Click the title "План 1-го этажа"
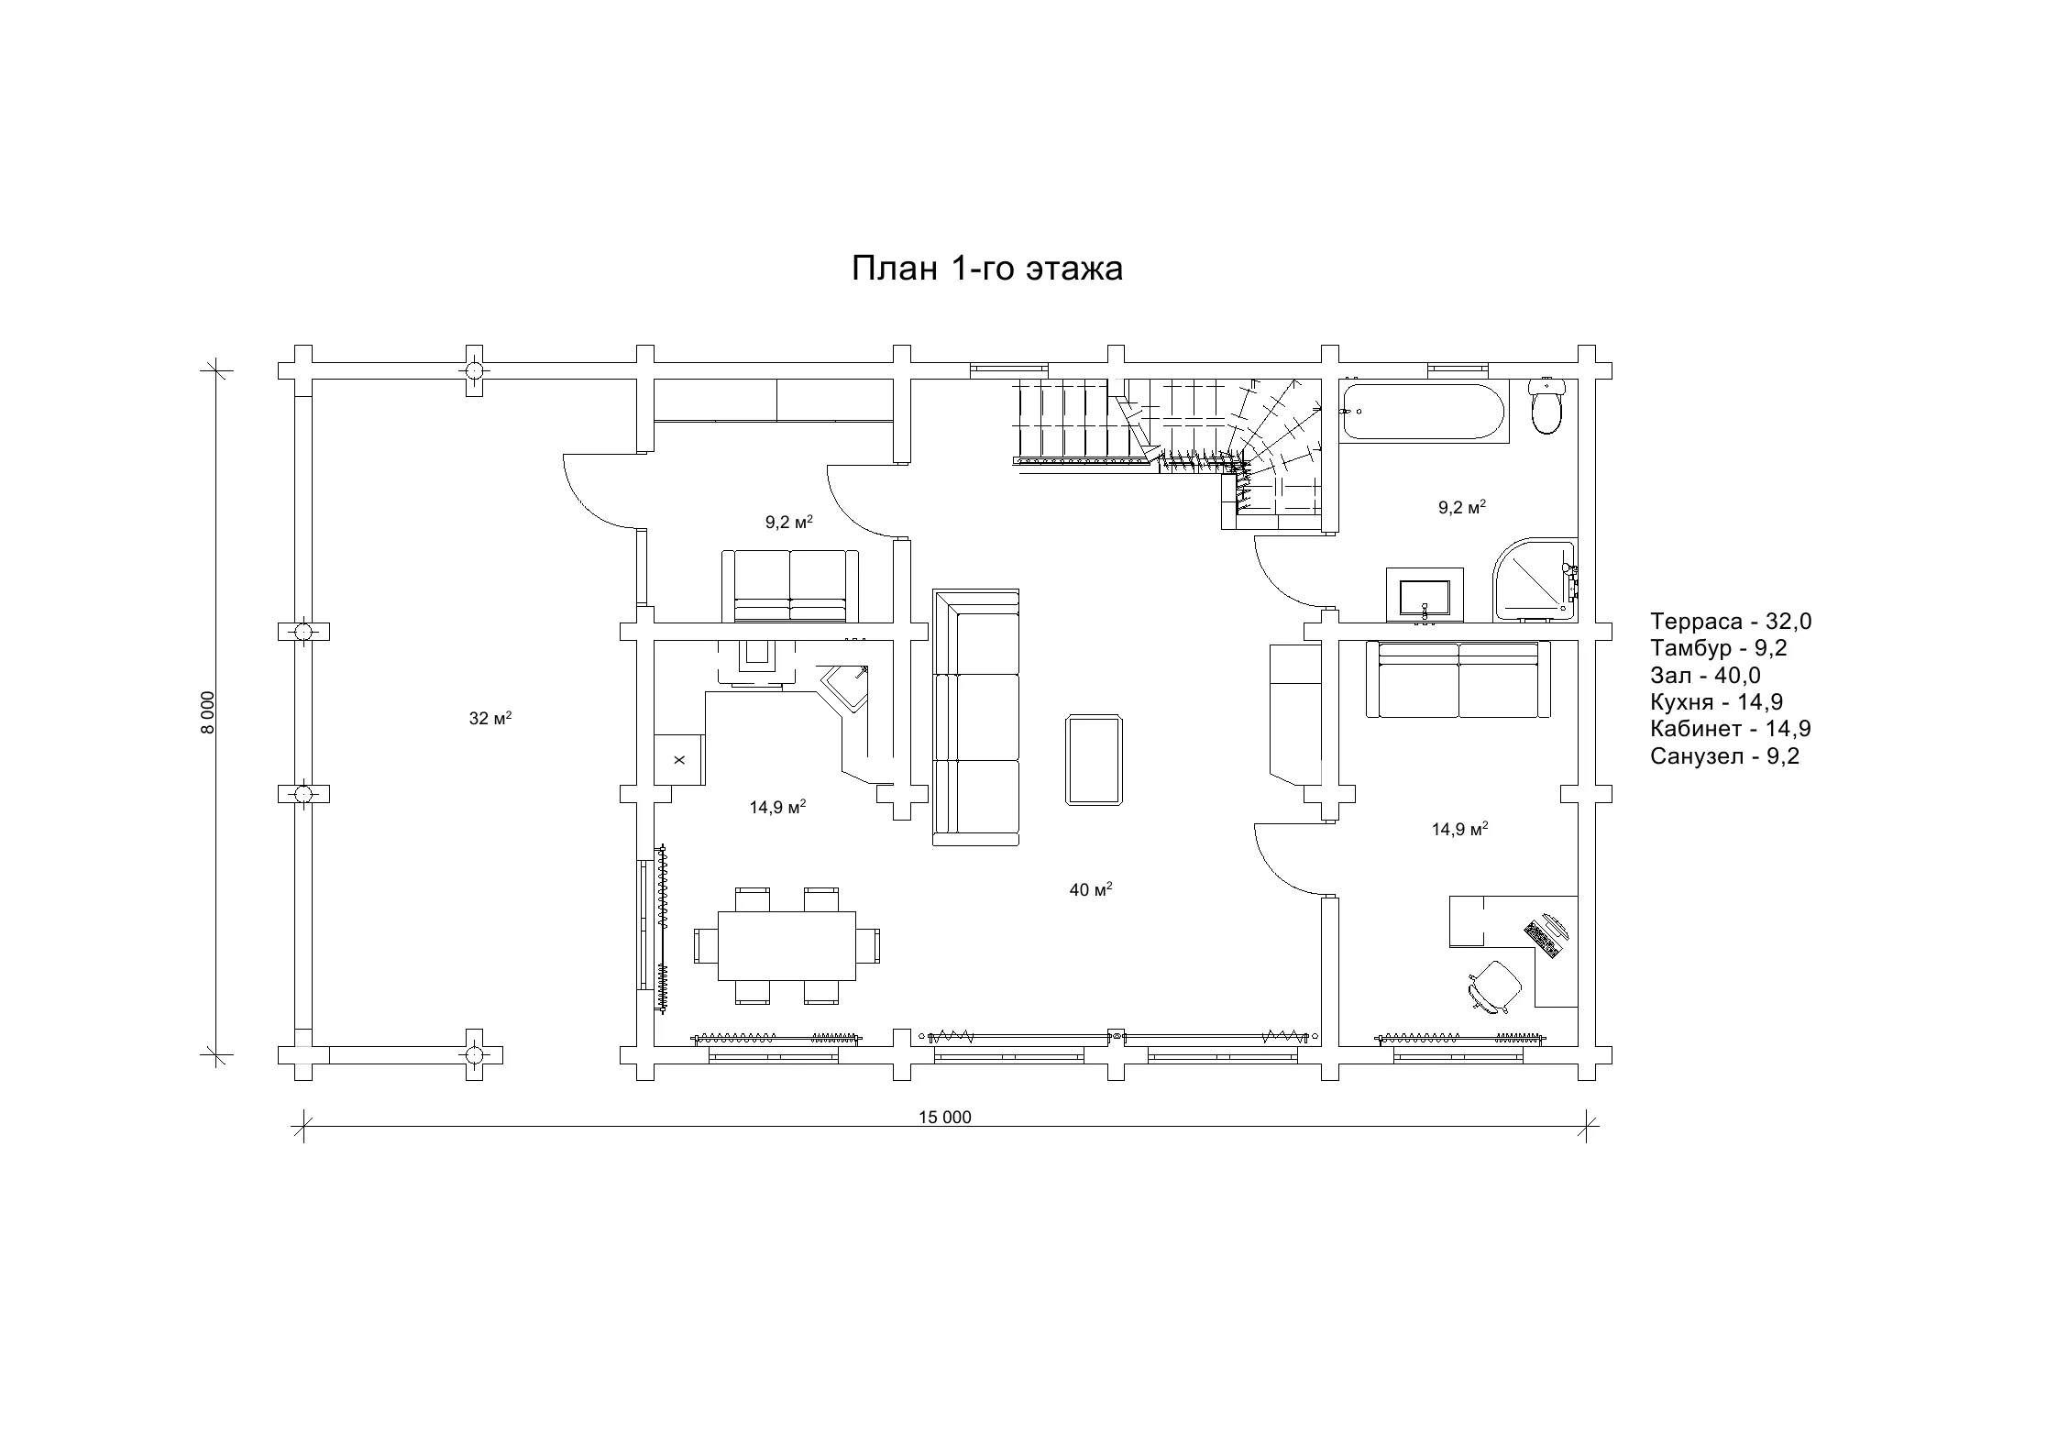987,269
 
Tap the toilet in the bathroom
1546,407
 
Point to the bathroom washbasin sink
1425,595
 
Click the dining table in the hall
787,945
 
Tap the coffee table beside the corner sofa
1095,761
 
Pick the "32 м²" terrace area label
490,718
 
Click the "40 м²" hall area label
1091,888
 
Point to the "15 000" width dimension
945,1117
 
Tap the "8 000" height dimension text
208,712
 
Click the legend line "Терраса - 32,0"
1731,622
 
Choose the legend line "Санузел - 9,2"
1724,756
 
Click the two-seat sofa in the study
1458,679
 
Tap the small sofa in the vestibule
790,586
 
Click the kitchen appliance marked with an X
679,759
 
